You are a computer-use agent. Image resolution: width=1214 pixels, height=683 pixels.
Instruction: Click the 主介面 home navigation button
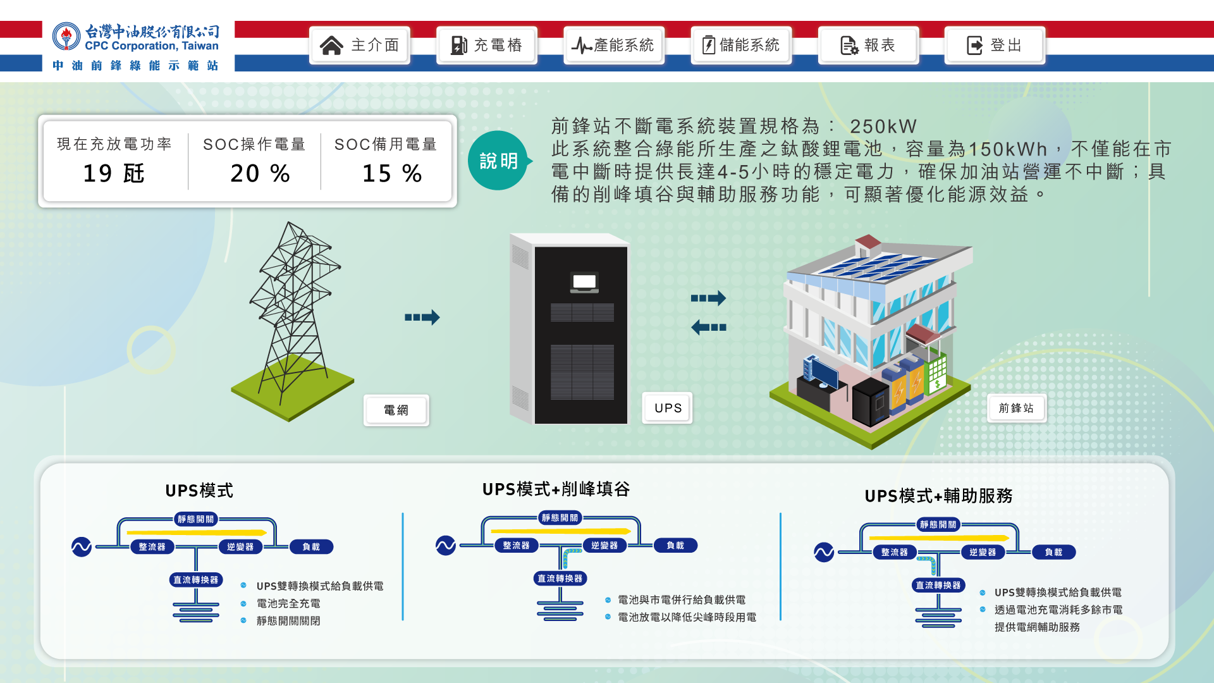pos(360,46)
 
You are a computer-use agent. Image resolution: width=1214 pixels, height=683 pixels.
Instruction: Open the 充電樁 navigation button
pos(486,46)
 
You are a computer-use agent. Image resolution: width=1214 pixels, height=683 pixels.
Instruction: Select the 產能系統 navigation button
pos(613,46)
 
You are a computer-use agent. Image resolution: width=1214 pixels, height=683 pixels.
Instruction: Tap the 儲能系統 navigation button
pos(740,46)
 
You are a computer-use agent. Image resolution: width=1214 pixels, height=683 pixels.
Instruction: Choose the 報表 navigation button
pos(868,46)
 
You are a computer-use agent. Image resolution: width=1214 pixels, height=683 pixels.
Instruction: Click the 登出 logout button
pos(995,46)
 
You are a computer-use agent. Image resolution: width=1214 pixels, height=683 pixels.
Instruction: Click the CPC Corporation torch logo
pos(66,37)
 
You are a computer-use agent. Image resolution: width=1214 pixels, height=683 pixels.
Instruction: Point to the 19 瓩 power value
pos(114,173)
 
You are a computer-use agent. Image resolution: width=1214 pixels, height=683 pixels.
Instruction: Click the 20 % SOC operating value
pos(260,173)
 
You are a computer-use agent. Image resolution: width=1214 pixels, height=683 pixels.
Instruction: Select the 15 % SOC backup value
pos(392,173)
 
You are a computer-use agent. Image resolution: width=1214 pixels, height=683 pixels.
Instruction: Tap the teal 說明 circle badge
pos(498,161)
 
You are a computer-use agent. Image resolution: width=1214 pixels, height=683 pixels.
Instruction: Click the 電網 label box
pos(396,410)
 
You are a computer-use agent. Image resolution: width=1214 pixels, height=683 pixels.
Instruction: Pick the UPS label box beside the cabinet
pos(668,409)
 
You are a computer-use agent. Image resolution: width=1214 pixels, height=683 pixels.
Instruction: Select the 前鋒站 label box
pos(1016,409)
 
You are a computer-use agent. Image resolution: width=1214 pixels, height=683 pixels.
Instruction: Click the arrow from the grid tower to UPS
pos(422,317)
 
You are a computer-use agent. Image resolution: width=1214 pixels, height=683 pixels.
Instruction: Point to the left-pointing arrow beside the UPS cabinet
pos(709,328)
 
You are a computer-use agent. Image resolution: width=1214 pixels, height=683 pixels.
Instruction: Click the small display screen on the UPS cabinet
pos(584,282)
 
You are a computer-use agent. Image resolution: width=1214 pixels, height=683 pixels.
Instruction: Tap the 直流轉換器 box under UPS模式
pos(196,580)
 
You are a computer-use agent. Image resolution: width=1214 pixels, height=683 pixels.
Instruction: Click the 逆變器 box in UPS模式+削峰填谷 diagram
pos(604,545)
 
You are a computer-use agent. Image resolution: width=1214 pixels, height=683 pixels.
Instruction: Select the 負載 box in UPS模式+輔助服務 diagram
pos(1053,552)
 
